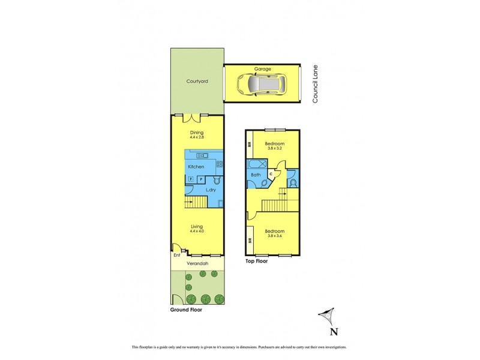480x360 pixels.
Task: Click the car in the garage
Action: [x=260, y=85]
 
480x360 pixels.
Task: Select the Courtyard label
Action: [x=197, y=81]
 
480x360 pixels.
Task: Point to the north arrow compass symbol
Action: [x=328, y=316]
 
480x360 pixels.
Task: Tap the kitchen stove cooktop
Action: [x=219, y=164]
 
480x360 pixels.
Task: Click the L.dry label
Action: [x=211, y=190]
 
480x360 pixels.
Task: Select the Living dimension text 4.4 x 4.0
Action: [x=197, y=230]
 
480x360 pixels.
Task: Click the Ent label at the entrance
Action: [x=176, y=255]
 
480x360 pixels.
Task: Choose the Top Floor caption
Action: [x=256, y=262]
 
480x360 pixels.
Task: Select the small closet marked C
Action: [x=271, y=173]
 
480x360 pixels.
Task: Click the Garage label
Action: [x=262, y=69]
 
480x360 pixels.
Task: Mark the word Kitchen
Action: [x=196, y=166]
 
